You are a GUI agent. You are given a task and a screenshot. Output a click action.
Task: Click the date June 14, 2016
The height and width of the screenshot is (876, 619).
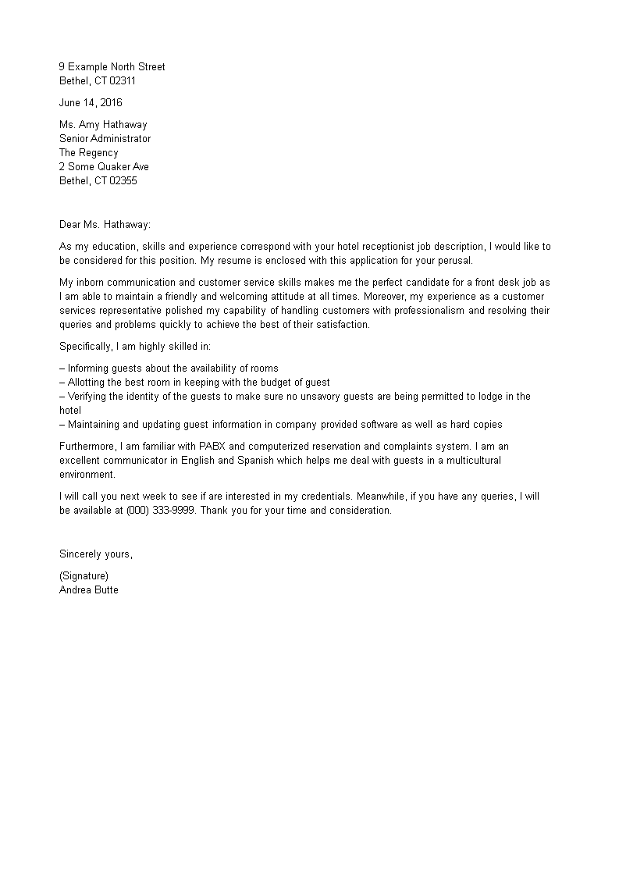[91, 102]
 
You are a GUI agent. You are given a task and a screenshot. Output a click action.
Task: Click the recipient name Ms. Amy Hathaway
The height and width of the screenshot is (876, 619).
[103, 124]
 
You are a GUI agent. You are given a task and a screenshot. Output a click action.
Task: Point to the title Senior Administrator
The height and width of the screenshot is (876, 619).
[105, 138]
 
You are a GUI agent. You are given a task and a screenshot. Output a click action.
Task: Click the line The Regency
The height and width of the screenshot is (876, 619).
[89, 152]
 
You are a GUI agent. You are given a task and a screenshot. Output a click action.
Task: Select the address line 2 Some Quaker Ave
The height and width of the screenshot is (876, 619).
[104, 166]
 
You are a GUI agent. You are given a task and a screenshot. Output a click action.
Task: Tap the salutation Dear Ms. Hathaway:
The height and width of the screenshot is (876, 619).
[105, 224]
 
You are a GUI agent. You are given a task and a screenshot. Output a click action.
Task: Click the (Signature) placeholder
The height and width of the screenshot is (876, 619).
[84, 575]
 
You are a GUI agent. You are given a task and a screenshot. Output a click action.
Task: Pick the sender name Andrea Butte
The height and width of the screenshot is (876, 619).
[89, 589]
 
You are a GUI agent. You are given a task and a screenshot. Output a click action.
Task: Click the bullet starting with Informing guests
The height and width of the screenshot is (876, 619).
[169, 368]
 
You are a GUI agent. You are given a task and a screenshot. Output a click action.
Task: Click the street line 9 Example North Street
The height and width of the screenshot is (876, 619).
[112, 66]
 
